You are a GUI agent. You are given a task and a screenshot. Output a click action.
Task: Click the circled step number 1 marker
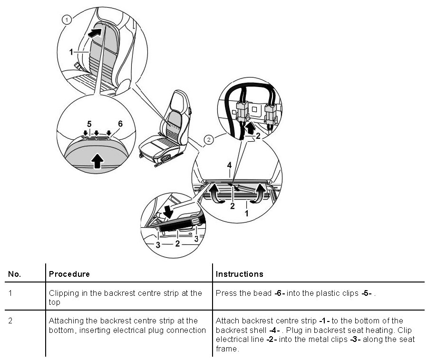(67, 19)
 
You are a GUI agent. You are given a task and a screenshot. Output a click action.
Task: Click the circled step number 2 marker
(208, 139)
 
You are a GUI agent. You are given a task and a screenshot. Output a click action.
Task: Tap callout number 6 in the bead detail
(120, 124)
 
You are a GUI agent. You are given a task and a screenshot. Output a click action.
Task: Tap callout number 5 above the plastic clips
(89, 124)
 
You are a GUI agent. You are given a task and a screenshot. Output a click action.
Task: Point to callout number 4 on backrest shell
(229, 165)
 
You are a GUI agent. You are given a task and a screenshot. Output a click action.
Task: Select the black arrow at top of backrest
(97, 32)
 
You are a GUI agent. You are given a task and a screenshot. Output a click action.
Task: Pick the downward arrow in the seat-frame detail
(168, 211)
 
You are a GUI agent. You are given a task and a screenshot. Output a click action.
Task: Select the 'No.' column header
(15, 274)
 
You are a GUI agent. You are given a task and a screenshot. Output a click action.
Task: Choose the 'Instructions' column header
(239, 274)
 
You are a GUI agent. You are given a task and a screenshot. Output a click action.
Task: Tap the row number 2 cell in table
(11, 321)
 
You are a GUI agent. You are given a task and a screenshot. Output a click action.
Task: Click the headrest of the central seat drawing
(177, 99)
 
